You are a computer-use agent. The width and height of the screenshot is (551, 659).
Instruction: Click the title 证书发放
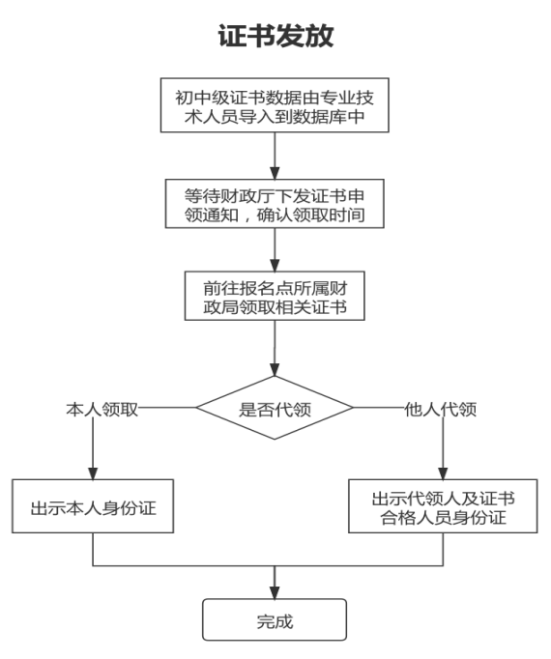coord(275,39)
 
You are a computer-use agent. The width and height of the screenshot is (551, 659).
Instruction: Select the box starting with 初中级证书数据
coord(275,107)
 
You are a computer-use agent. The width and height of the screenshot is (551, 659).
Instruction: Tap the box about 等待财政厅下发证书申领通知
coord(275,202)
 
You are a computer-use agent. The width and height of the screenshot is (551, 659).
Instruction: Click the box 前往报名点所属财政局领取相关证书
coord(275,297)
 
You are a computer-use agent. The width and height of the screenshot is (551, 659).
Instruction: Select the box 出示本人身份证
coord(93,506)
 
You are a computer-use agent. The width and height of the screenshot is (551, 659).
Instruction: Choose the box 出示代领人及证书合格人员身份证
coord(443,507)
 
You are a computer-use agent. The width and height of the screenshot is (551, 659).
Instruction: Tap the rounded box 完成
coord(275,621)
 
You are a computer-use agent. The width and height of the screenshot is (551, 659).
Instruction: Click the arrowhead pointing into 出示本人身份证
coord(93,473)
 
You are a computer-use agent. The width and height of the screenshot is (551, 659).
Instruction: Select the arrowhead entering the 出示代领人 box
coord(443,473)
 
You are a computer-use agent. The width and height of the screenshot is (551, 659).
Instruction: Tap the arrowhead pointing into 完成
coord(275,591)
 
